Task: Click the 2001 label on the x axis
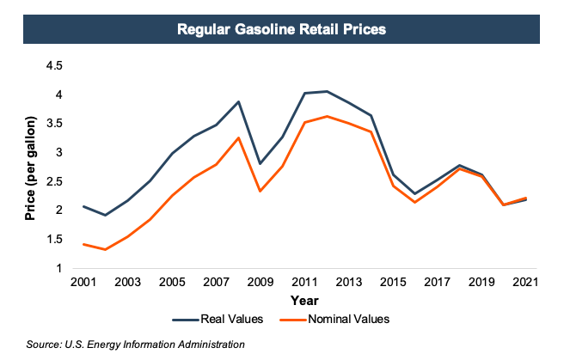[x=83, y=282]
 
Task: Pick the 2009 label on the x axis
[x=260, y=282]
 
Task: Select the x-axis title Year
[x=304, y=301]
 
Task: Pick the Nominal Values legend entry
[x=350, y=320]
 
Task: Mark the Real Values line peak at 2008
[x=239, y=101]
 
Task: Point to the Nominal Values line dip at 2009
[x=260, y=191]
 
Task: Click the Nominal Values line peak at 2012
[x=328, y=116]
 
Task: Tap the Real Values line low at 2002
[x=105, y=215]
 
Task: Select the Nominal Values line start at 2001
[x=83, y=244]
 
